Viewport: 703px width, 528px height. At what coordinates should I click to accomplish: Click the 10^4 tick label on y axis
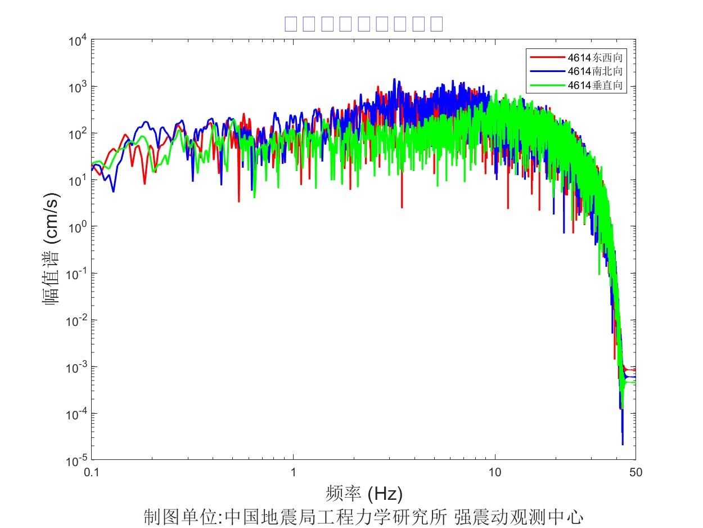[x=78, y=40]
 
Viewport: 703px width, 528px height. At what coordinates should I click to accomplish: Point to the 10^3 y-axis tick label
[x=78, y=87]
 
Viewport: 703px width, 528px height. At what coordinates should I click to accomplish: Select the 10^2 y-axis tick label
[x=78, y=133]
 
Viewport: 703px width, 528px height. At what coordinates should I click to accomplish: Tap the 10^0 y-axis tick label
[x=78, y=227]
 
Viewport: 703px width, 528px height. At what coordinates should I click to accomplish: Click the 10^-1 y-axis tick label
[x=76, y=274]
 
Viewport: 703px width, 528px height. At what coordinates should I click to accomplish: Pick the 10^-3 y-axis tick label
[x=76, y=367]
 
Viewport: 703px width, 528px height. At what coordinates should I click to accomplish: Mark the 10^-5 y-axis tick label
[x=76, y=460]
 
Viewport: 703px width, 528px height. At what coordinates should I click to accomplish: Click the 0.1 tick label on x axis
[x=92, y=473]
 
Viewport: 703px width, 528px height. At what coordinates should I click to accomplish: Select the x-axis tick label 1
[x=293, y=473]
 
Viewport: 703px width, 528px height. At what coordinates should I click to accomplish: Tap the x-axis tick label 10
[x=494, y=473]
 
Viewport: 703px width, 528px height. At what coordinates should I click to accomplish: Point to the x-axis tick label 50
[x=636, y=473]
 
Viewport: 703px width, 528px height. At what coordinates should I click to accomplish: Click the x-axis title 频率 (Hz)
[x=364, y=494]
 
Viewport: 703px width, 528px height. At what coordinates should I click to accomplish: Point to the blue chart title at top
[x=364, y=24]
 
